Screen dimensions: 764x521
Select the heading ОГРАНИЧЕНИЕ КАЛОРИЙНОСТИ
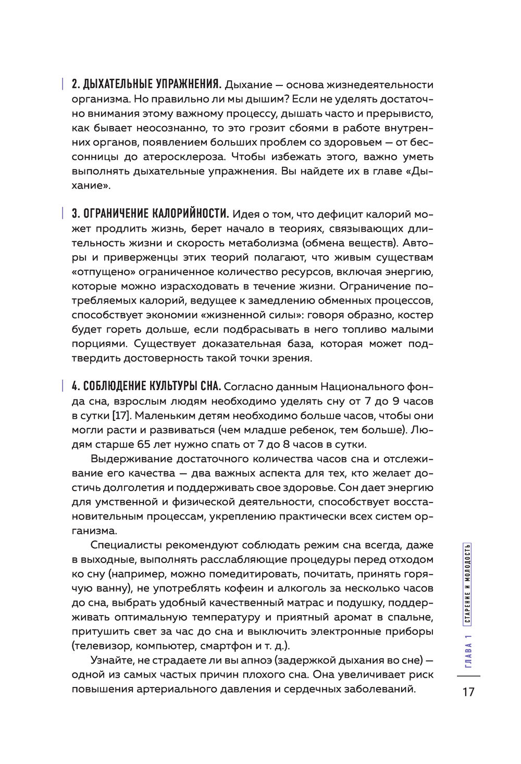pos(151,214)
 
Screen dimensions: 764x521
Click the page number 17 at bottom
pos(468,692)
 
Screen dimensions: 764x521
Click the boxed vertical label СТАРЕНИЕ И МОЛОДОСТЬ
pos(468,583)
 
